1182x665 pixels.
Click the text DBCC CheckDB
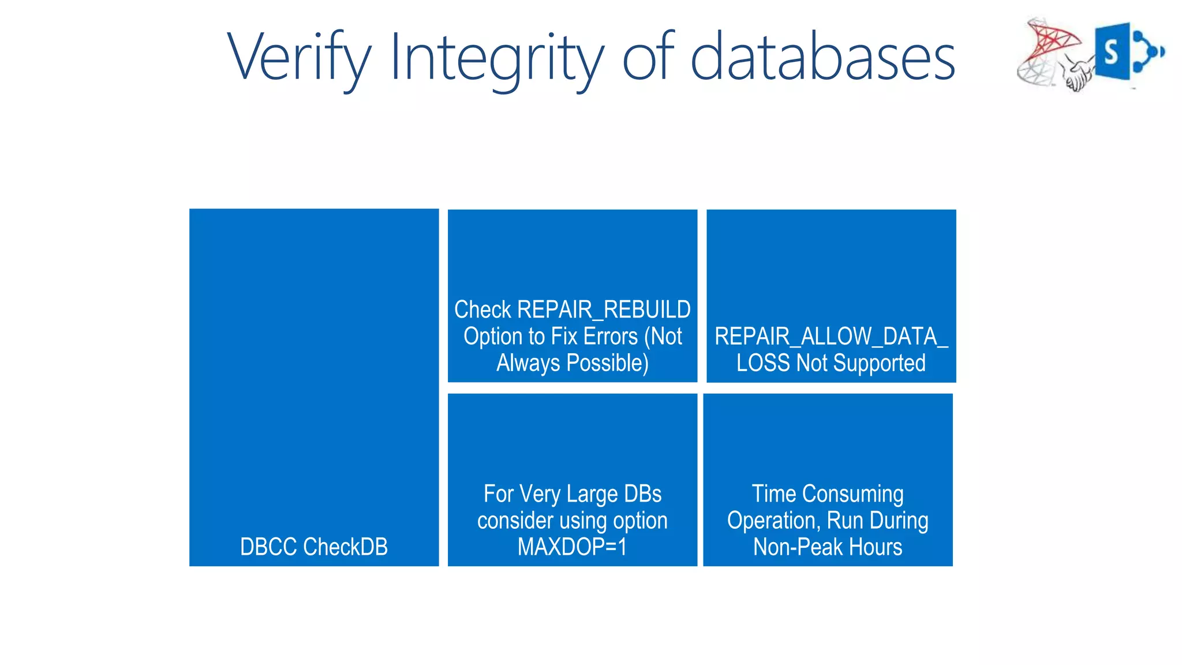314,547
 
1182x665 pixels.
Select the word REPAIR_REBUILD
604,310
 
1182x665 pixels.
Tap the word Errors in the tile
610,337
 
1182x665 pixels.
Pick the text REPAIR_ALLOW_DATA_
831,337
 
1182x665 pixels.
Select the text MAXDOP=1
572,547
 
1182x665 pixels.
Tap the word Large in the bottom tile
592,494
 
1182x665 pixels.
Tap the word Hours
875,547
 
